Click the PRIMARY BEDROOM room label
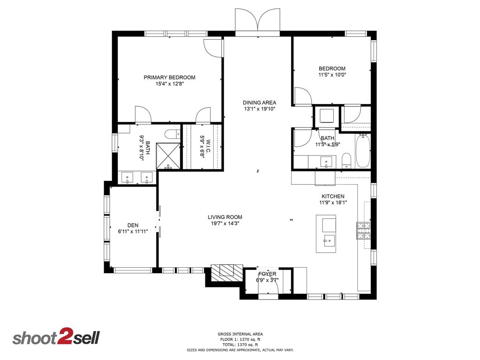tap(169, 77)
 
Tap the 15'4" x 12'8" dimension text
tap(169, 84)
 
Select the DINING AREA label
tap(259, 102)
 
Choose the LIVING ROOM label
tap(225, 217)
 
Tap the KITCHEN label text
tap(333, 196)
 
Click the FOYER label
tap(267, 274)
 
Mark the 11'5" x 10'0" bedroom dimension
tap(332, 75)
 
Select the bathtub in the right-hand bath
tap(363, 150)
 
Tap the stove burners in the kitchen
tap(363, 231)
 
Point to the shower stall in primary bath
tap(168, 156)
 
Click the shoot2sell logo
tap(56, 338)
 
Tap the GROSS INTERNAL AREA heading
tap(240, 334)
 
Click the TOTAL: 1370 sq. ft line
tap(240, 345)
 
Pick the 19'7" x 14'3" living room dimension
tap(225, 224)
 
